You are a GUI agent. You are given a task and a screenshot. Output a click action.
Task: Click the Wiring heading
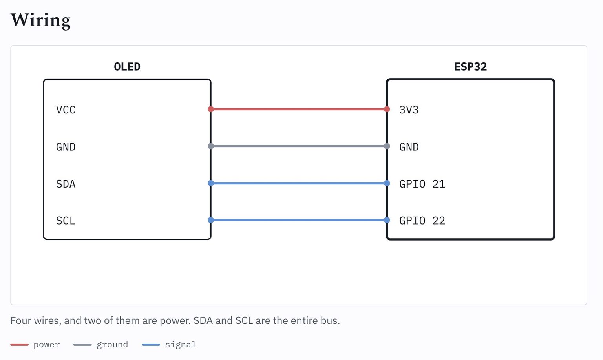tap(41, 20)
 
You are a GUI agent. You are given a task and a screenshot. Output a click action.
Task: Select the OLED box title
tap(127, 67)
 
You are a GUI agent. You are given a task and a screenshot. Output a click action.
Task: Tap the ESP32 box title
tap(470, 67)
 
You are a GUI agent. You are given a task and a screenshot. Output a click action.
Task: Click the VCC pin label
tap(66, 110)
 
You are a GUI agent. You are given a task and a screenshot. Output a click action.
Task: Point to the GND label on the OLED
tap(66, 147)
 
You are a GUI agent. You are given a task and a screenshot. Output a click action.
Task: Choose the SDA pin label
tap(66, 184)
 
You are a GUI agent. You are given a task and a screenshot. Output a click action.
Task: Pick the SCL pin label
tap(66, 221)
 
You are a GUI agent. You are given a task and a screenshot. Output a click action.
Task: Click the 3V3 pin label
tap(409, 110)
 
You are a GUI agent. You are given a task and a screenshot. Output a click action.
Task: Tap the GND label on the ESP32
tap(409, 147)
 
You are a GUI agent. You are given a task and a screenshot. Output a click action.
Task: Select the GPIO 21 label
tap(422, 184)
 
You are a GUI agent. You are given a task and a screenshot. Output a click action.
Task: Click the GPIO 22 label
tap(422, 221)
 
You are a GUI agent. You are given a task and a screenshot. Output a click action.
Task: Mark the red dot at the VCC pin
tap(211, 109)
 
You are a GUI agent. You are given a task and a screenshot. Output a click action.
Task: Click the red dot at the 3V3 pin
tap(387, 109)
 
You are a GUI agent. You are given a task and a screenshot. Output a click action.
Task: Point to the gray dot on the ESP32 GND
tap(387, 146)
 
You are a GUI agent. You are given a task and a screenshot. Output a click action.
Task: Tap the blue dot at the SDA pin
tap(211, 183)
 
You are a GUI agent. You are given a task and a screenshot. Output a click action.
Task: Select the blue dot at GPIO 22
tap(387, 220)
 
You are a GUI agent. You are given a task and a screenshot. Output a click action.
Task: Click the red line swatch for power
tap(19, 345)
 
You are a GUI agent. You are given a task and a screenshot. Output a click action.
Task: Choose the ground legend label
tap(112, 345)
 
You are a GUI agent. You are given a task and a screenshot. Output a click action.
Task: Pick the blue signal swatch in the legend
tap(151, 345)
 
